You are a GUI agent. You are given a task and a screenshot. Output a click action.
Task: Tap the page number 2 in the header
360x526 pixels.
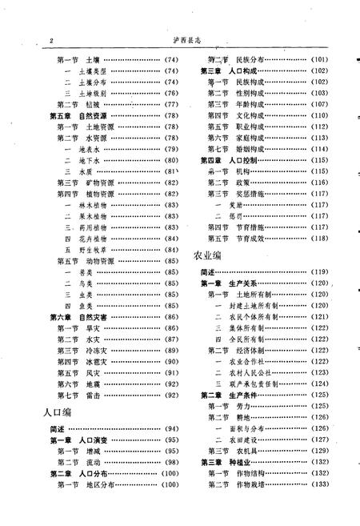[x=50, y=40]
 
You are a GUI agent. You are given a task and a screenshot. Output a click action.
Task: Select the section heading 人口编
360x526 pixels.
[x=57, y=412]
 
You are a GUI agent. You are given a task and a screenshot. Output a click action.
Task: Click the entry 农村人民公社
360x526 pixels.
[x=255, y=372]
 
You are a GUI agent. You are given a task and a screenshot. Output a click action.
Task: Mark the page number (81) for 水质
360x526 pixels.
[x=170, y=171]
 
